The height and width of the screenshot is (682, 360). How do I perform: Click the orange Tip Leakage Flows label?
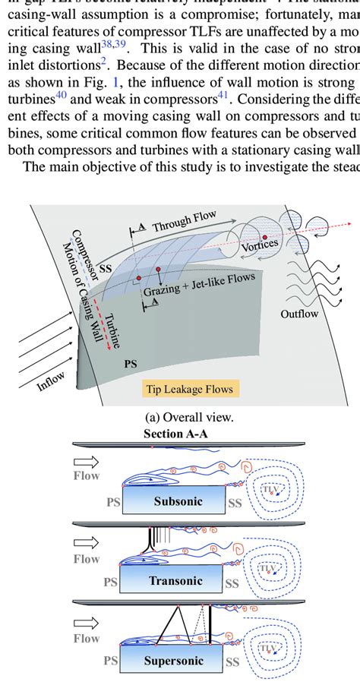click(x=190, y=390)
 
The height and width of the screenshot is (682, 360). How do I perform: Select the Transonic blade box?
click(x=174, y=581)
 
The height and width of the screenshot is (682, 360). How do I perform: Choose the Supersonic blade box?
click(x=174, y=660)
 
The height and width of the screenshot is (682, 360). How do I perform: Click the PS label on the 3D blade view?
click(x=130, y=365)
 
